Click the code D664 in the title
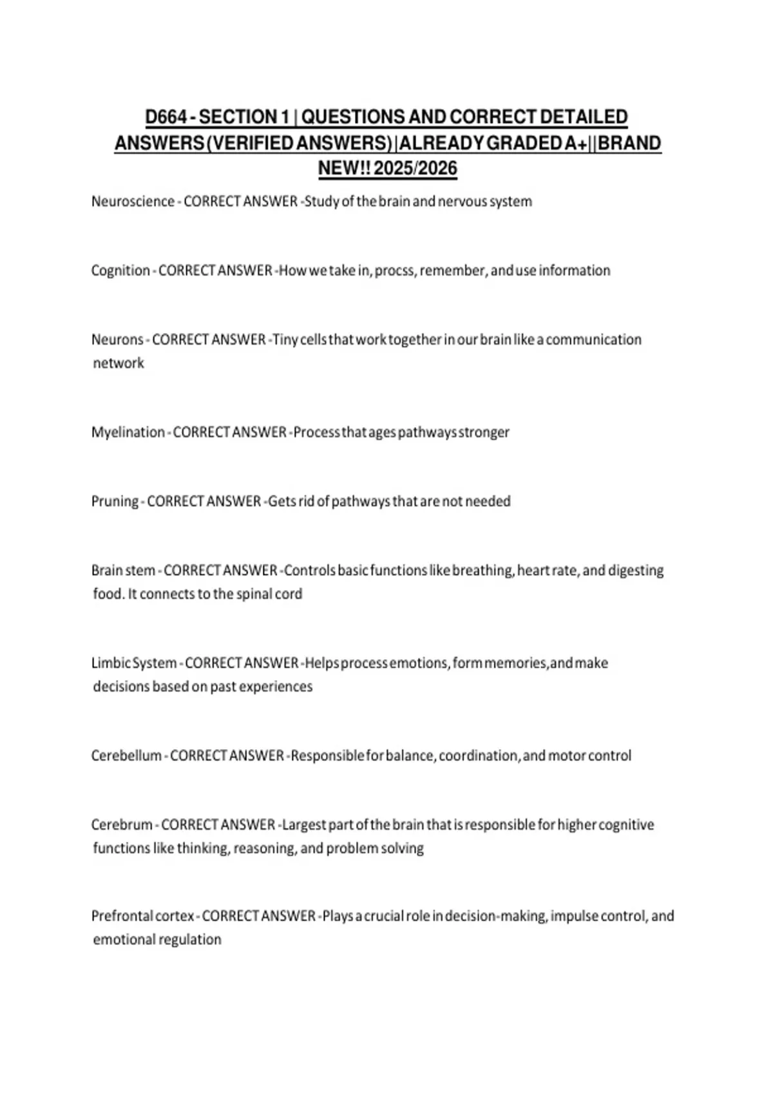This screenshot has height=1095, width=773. pyautogui.click(x=166, y=117)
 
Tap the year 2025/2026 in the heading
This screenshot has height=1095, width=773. pyautogui.click(x=415, y=169)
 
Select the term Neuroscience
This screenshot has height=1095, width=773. pyautogui.click(x=133, y=202)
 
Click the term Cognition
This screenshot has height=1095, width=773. pyautogui.click(x=120, y=271)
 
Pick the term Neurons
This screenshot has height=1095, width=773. pyautogui.click(x=117, y=339)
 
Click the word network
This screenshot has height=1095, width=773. pyautogui.click(x=119, y=363)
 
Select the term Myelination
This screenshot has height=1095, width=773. pyautogui.click(x=128, y=432)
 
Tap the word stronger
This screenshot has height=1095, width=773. pyautogui.click(x=484, y=432)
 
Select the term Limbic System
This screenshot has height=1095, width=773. pyautogui.click(x=134, y=663)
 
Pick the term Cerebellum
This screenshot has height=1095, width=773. pyautogui.click(x=126, y=756)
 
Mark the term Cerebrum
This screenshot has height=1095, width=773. pyautogui.click(x=122, y=825)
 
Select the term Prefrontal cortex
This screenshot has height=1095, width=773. pyautogui.click(x=142, y=916)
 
